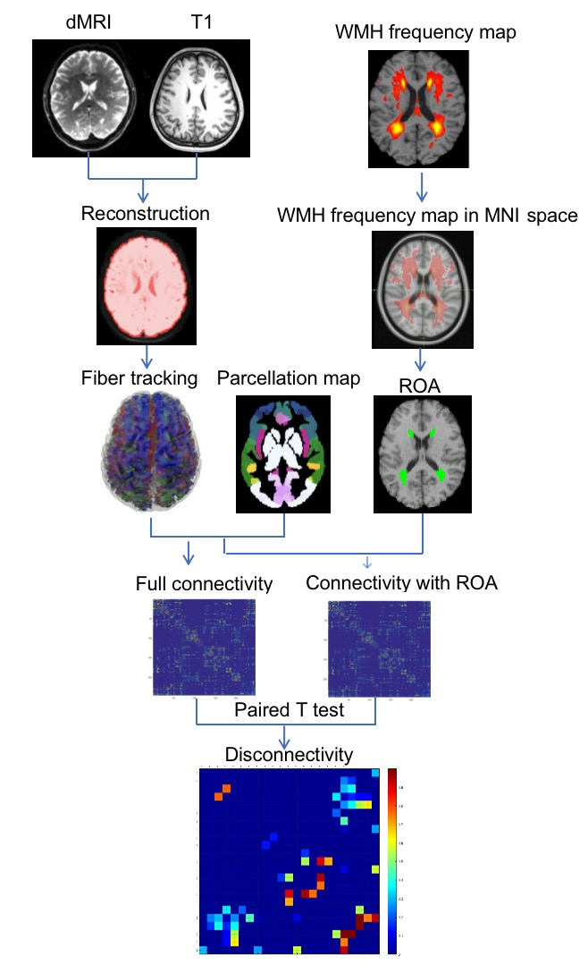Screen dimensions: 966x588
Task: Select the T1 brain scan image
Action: pyautogui.click(x=196, y=97)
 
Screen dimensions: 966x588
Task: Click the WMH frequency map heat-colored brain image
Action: pyautogui.click(x=418, y=108)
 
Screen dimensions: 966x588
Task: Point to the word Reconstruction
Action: pyautogui.click(x=145, y=215)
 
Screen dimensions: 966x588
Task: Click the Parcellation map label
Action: pyautogui.click(x=288, y=378)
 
